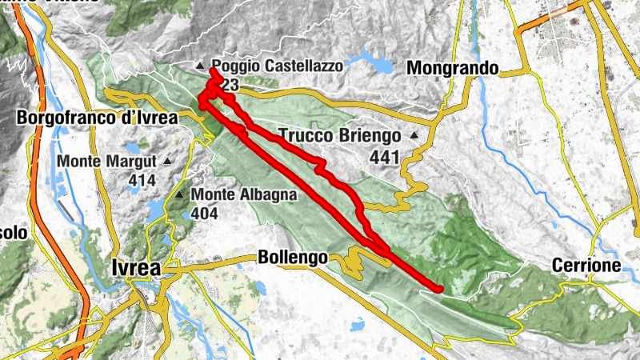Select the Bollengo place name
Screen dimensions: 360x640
[x=293, y=258]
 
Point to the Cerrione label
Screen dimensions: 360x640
[x=586, y=265]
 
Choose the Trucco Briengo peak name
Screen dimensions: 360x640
[x=340, y=135]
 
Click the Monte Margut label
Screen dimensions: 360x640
[x=108, y=161]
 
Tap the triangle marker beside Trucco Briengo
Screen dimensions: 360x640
[x=414, y=135]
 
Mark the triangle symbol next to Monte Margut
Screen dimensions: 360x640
[x=167, y=161]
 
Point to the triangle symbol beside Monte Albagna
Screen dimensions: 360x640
[x=181, y=194]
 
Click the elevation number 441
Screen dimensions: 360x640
[x=384, y=158]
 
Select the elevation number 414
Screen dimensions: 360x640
[x=142, y=181]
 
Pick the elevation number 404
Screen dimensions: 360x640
[x=205, y=214]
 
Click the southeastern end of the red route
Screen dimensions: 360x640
[x=438, y=288]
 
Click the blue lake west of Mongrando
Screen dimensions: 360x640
[x=369, y=59]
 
